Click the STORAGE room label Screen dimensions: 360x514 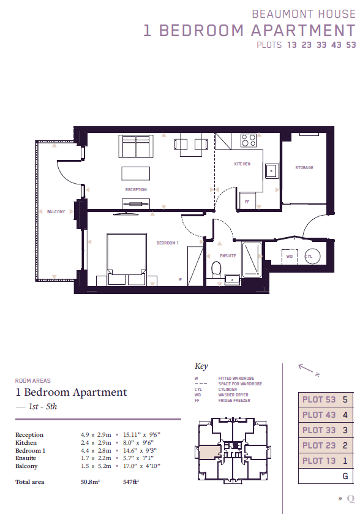304,167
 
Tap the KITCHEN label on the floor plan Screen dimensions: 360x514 242,164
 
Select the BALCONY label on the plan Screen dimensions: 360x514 56,212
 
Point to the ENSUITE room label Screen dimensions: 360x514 228,255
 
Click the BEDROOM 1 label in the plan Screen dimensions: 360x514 167,243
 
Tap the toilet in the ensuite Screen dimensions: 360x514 216,269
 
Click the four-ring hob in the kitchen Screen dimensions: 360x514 249,141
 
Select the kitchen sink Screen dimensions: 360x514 272,171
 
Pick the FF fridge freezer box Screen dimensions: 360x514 247,200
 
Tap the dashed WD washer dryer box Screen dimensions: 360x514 290,257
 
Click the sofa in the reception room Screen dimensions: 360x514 136,146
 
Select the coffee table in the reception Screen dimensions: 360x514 136,173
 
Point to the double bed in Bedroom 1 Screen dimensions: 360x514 127,259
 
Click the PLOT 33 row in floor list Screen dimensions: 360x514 326,430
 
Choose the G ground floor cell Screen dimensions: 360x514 326,476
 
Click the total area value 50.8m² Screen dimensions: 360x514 91,482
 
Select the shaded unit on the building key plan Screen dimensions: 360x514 210,452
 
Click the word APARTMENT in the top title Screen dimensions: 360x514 303,31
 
